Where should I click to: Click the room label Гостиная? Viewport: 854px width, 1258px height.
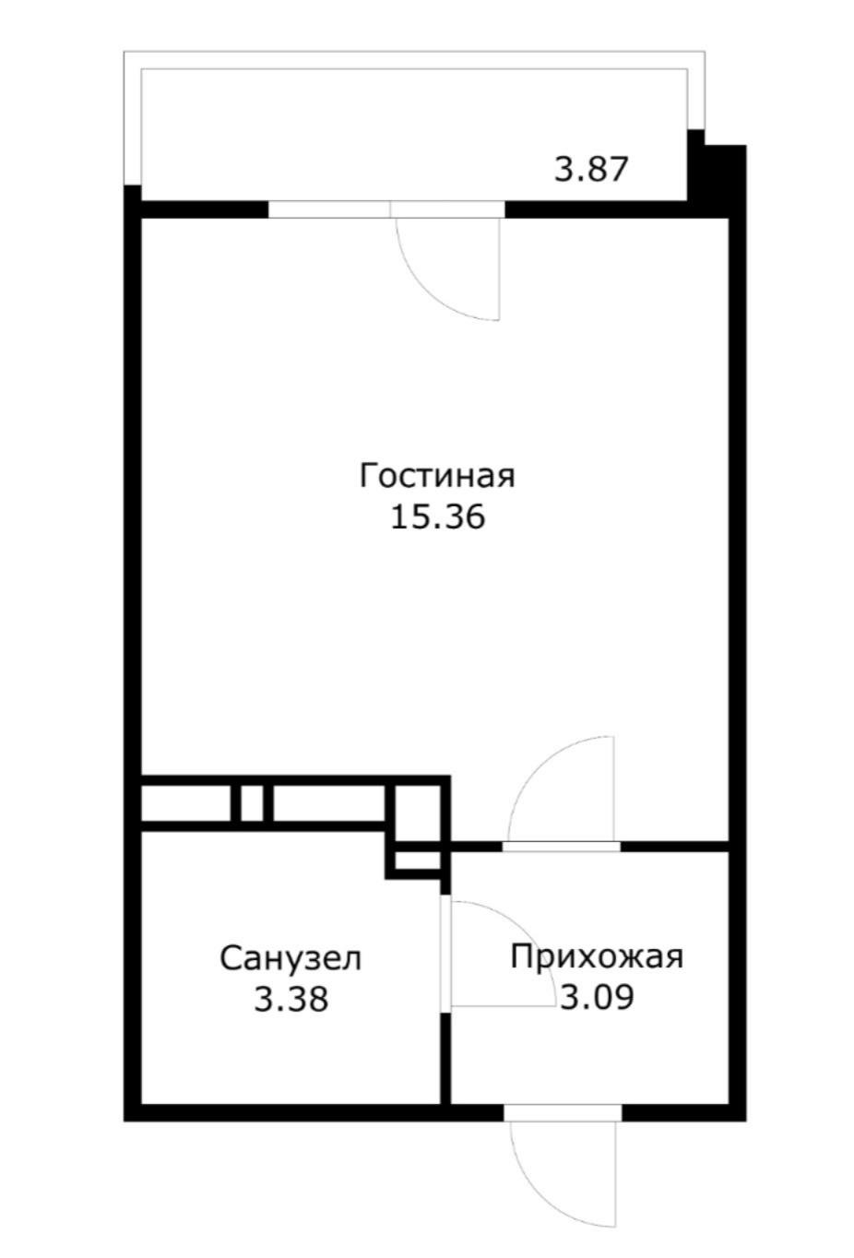436,477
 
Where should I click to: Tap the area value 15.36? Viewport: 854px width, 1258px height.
437,517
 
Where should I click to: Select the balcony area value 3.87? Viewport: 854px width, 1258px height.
590,170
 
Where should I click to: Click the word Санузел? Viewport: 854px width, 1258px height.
291,958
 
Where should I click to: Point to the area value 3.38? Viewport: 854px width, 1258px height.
291,999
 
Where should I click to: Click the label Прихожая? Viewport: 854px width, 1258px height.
597,956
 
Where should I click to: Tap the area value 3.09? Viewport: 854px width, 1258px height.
597,997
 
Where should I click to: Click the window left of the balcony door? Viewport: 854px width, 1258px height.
328,209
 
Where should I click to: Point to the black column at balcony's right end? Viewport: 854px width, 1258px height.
718,175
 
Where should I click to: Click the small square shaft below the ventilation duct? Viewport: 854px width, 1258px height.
417,861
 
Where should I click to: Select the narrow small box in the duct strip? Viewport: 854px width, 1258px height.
252,802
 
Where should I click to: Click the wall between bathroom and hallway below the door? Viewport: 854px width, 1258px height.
445,1056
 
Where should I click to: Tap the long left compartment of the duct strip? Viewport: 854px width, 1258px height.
185,802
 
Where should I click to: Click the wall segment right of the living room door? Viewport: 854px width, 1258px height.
673,845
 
